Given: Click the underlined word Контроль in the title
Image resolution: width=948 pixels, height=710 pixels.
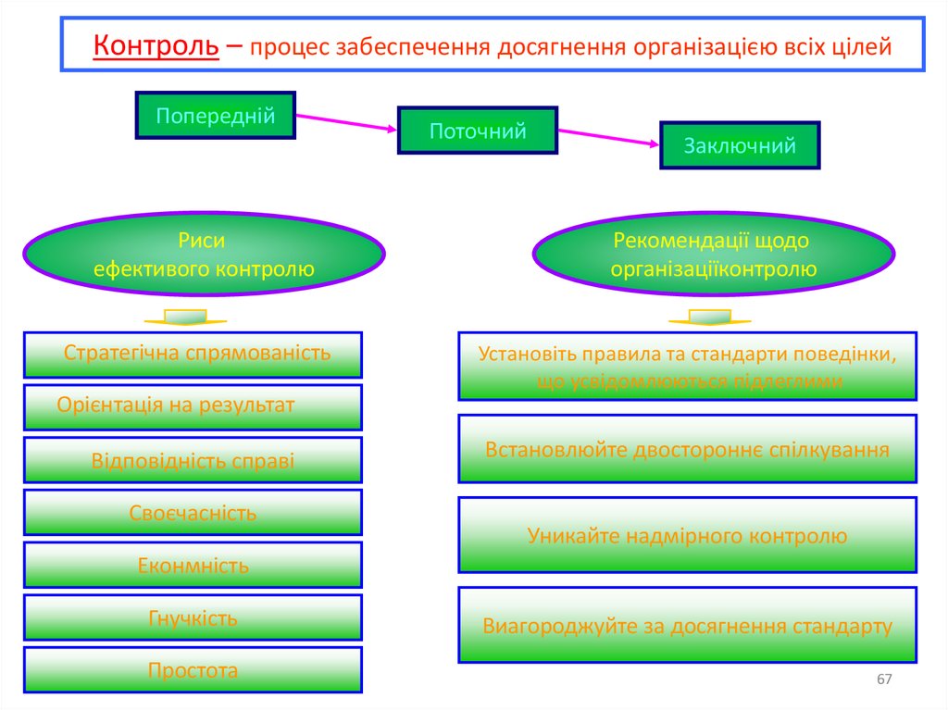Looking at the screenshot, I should click(156, 44).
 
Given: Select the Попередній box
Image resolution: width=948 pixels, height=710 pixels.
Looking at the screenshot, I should click(216, 116).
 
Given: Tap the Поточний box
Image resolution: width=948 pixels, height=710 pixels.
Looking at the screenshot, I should click(478, 131).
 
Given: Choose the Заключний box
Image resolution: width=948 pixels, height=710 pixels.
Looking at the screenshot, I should click(740, 145).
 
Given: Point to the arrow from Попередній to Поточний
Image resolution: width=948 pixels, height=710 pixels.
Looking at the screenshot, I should click(346, 122).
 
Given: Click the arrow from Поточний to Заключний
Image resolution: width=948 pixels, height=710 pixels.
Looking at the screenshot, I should click(608, 136).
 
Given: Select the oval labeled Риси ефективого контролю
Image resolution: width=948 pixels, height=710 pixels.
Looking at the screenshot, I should click(204, 255).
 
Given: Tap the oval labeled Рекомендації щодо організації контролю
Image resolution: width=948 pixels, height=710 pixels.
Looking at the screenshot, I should click(713, 255).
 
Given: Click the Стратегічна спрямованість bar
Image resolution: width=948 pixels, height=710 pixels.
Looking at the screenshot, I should click(193, 354).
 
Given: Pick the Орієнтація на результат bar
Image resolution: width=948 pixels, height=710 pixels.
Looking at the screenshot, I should click(193, 406).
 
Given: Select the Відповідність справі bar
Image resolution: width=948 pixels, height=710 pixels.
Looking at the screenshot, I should click(193, 460).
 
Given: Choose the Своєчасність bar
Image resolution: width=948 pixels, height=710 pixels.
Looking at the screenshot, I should click(193, 513).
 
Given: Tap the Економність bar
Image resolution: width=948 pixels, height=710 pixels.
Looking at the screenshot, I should click(193, 566).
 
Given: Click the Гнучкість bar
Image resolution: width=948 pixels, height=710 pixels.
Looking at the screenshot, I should click(193, 618).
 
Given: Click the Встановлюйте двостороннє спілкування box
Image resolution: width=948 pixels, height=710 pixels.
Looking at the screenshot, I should click(687, 449).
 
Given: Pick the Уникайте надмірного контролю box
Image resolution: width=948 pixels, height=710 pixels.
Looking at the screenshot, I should click(687, 535).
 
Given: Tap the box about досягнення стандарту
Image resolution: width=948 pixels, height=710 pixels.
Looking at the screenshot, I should click(687, 625).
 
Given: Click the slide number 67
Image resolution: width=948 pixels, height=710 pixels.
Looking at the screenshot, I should click(884, 680).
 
